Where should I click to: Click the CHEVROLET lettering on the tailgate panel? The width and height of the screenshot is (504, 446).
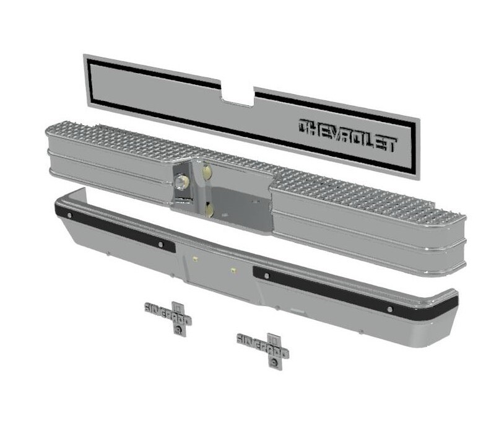click(347, 134)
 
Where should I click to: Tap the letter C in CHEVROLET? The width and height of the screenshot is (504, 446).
click(305, 127)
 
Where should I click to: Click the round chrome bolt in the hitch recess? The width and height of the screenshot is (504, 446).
click(181, 182)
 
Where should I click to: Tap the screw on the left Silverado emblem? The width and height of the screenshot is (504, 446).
click(179, 331)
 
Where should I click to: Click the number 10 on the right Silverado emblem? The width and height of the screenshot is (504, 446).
click(271, 339)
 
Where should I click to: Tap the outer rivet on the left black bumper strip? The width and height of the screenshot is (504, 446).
click(69, 215)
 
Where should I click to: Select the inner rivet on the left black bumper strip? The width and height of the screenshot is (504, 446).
click(161, 245)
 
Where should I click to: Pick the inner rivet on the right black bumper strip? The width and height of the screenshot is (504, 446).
click(266, 275)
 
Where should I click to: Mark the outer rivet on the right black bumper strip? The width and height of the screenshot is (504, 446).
click(390, 309)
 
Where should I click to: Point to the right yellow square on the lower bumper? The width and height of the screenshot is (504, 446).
click(233, 270)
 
